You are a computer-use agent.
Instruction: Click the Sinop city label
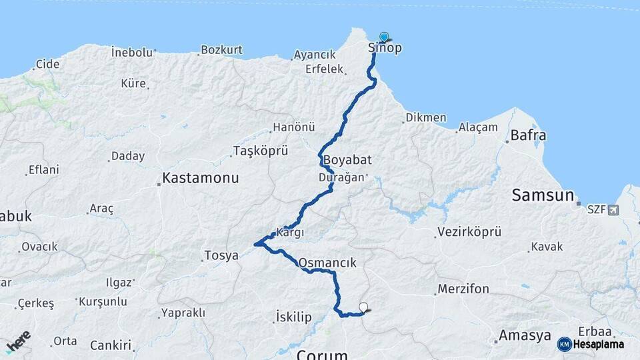click(385, 48)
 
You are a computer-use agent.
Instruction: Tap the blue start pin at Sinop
click(384, 37)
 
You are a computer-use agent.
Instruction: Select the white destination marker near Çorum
click(363, 307)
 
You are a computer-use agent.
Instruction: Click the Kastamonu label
click(200, 179)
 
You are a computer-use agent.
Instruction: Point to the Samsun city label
click(543, 195)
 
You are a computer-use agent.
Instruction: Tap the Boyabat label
click(347, 161)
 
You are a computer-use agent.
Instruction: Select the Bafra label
click(528, 136)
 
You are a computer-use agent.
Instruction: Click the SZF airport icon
click(613, 210)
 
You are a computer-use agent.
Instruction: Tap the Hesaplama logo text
click(598, 344)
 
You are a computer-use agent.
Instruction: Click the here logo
click(17, 341)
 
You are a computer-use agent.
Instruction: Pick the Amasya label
click(525, 335)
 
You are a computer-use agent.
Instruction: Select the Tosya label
click(221, 255)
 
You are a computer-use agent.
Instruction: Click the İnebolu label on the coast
click(132, 52)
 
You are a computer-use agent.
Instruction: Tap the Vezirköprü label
click(469, 232)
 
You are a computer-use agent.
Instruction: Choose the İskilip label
click(293, 317)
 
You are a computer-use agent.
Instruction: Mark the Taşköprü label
click(261, 151)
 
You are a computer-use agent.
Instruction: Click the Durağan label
click(341, 177)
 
